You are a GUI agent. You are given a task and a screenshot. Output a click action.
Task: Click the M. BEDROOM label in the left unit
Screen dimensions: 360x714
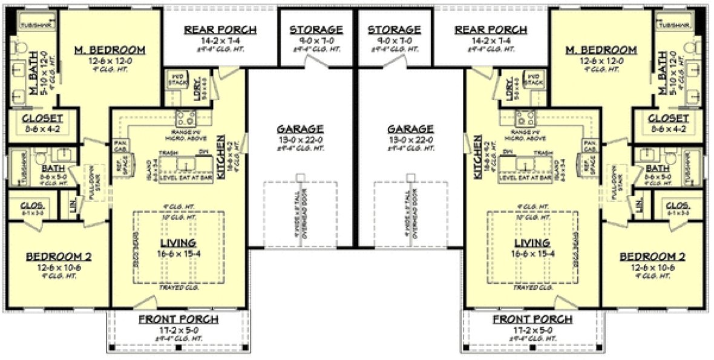point(110,50)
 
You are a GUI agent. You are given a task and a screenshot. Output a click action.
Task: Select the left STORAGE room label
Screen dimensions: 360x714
point(316,30)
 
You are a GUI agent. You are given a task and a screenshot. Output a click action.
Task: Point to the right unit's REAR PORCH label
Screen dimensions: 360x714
point(491,30)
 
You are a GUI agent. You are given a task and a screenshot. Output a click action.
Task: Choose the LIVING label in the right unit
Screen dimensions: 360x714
point(528,243)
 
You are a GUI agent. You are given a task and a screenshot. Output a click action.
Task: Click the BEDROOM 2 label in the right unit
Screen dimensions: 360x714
point(652,257)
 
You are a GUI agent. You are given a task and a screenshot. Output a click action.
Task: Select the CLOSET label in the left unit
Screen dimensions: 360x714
point(42,118)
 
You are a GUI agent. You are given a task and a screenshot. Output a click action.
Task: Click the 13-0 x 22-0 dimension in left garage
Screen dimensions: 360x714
point(301,139)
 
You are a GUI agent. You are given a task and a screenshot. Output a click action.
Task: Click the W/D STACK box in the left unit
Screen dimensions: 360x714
point(175,79)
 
